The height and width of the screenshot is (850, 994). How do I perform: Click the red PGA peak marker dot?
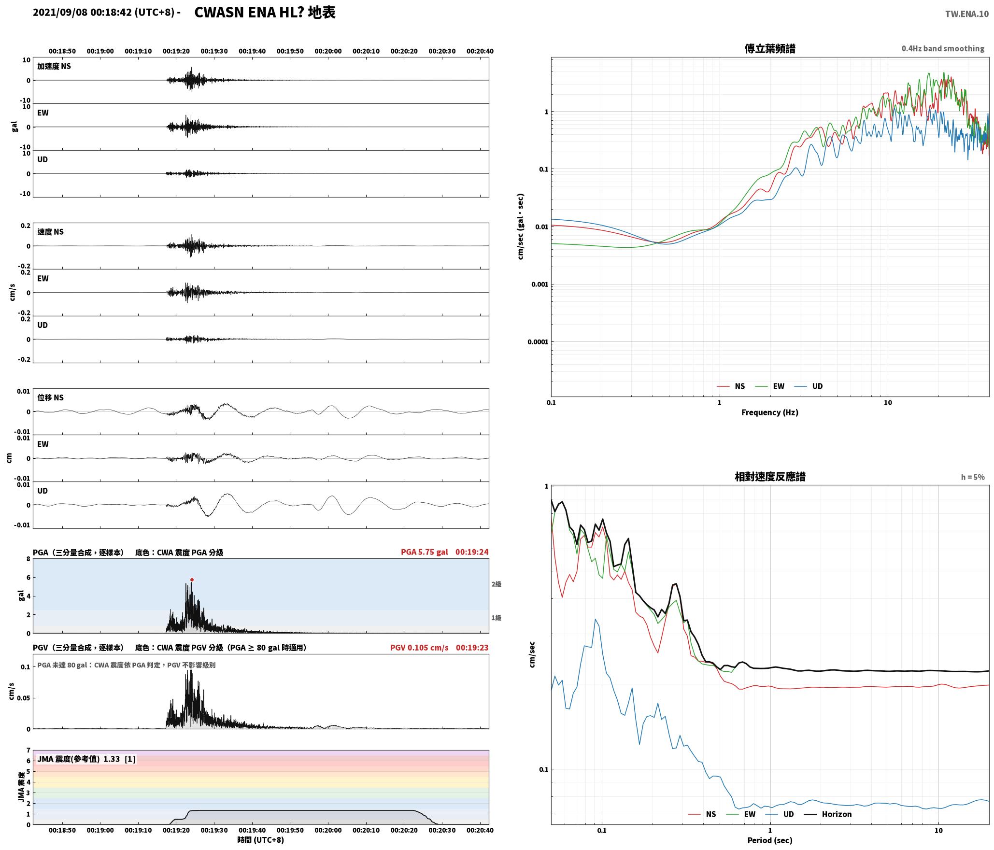(x=192, y=580)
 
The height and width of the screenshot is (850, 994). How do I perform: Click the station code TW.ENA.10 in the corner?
(x=967, y=14)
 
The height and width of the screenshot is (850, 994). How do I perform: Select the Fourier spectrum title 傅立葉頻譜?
(x=770, y=48)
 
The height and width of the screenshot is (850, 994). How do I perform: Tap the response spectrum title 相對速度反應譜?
(x=770, y=476)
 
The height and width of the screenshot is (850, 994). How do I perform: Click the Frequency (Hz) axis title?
(x=770, y=412)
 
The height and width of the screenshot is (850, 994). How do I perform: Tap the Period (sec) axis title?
(x=770, y=840)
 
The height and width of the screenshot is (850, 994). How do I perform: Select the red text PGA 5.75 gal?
(x=424, y=552)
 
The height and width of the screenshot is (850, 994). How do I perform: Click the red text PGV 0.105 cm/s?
(x=419, y=647)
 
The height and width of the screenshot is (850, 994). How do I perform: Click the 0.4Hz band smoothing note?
(x=943, y=48)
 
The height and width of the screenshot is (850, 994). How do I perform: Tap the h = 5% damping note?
(x=973, y=477)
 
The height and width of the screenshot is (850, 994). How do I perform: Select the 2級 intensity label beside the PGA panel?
(x=497, y=584)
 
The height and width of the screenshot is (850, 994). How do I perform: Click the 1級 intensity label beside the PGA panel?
(x=497, y=617)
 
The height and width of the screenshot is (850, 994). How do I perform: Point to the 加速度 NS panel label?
(x=54, y=66)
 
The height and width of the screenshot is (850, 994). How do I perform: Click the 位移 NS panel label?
(x=51, y=397)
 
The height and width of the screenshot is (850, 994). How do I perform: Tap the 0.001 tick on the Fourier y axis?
(x=540, y=284)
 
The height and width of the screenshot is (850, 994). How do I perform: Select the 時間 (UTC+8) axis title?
(x=261, y=840)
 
